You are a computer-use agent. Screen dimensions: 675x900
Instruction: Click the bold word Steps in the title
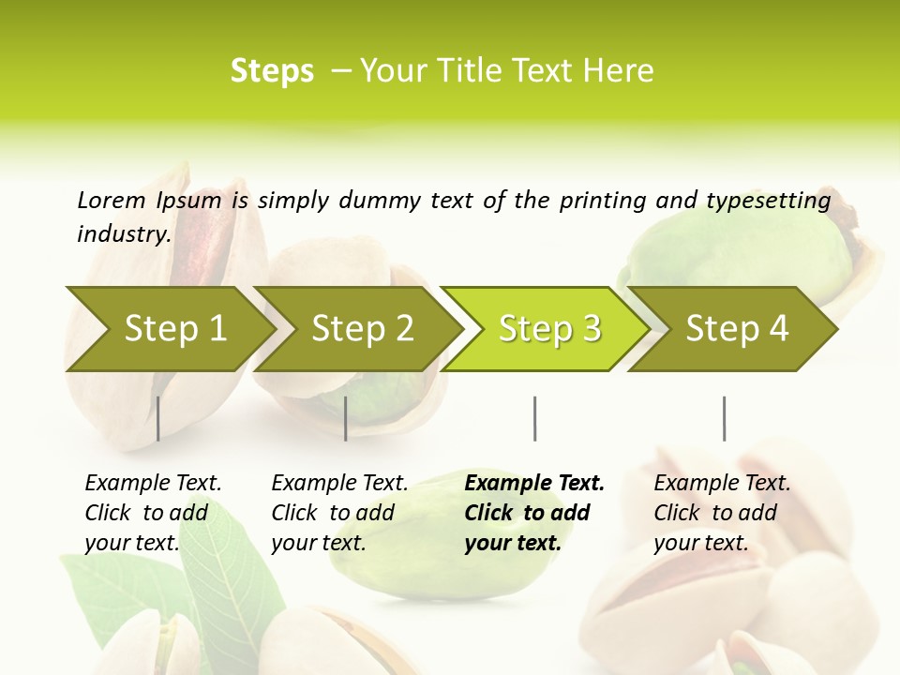tap(272, 70)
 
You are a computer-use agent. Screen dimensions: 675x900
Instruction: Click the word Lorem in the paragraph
tap(112, 200)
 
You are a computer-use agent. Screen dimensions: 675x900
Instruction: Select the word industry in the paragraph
tap(123, 233)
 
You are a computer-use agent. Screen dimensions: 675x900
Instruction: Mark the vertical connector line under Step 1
tap(158, 418)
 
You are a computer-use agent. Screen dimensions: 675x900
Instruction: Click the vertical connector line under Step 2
tap(346, 418)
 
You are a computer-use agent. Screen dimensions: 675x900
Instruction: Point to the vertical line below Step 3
tap(535, 418)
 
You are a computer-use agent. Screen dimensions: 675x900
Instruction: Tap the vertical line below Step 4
tap(724, 418)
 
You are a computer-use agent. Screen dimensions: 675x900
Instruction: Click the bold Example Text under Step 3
tap(534, 483)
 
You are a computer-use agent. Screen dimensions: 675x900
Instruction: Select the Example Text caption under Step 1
tap(153, 483)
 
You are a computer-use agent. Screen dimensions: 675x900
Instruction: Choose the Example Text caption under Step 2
tap(339, 483)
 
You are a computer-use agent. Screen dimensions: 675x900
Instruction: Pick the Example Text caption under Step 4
tap(722, 483)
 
